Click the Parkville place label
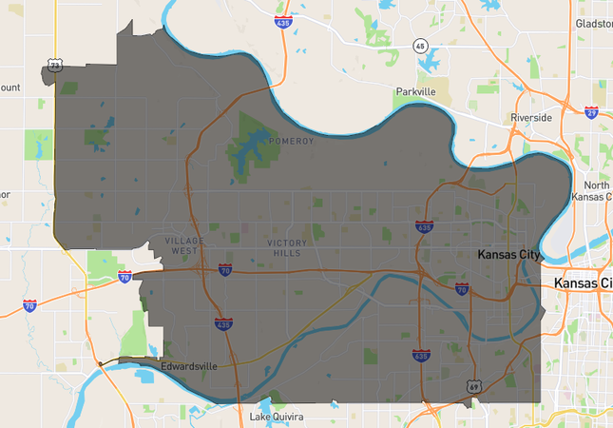pos(414,92)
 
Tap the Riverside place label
pos(530,117)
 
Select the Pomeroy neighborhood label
pos(291,141)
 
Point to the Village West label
pos(182,245)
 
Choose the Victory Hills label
pos(285,248)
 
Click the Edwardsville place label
pos(188,365)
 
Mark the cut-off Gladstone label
pos(594,22)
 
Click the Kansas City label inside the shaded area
pos(508,255)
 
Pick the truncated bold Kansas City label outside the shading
pos(583,283)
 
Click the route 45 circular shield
pos(420,46)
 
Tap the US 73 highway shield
pos(55,65)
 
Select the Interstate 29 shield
pos(592,112)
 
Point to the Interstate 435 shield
pos(223,324)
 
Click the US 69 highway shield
pos(473,387)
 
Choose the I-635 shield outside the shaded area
pos(282,21)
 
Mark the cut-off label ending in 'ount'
pos(10,88)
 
